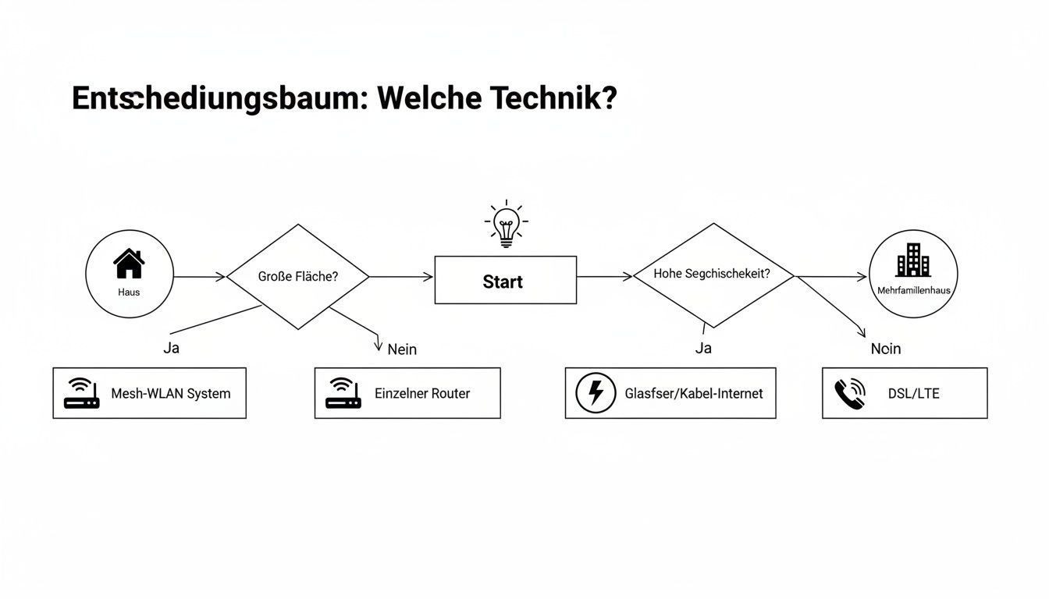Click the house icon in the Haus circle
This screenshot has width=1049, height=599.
129,264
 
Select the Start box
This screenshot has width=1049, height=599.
505,281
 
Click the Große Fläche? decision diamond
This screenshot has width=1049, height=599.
297,277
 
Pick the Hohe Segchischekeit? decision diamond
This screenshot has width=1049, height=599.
713,275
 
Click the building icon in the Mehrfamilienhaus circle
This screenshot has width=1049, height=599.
912,260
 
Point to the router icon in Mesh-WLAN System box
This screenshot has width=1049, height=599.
81,393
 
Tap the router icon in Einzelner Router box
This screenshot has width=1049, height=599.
343,393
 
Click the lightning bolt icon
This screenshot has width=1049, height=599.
596,393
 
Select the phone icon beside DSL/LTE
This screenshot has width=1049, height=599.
849,393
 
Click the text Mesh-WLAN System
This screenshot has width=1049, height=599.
170,394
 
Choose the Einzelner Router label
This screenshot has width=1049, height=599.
422,394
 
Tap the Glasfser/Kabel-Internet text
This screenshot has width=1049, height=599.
694,394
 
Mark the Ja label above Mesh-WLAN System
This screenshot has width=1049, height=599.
171,349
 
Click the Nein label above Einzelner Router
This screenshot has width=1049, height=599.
402,349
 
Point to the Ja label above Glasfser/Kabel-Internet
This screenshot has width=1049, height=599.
703,349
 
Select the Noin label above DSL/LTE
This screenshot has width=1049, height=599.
886,349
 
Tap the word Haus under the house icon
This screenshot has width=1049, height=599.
129,292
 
